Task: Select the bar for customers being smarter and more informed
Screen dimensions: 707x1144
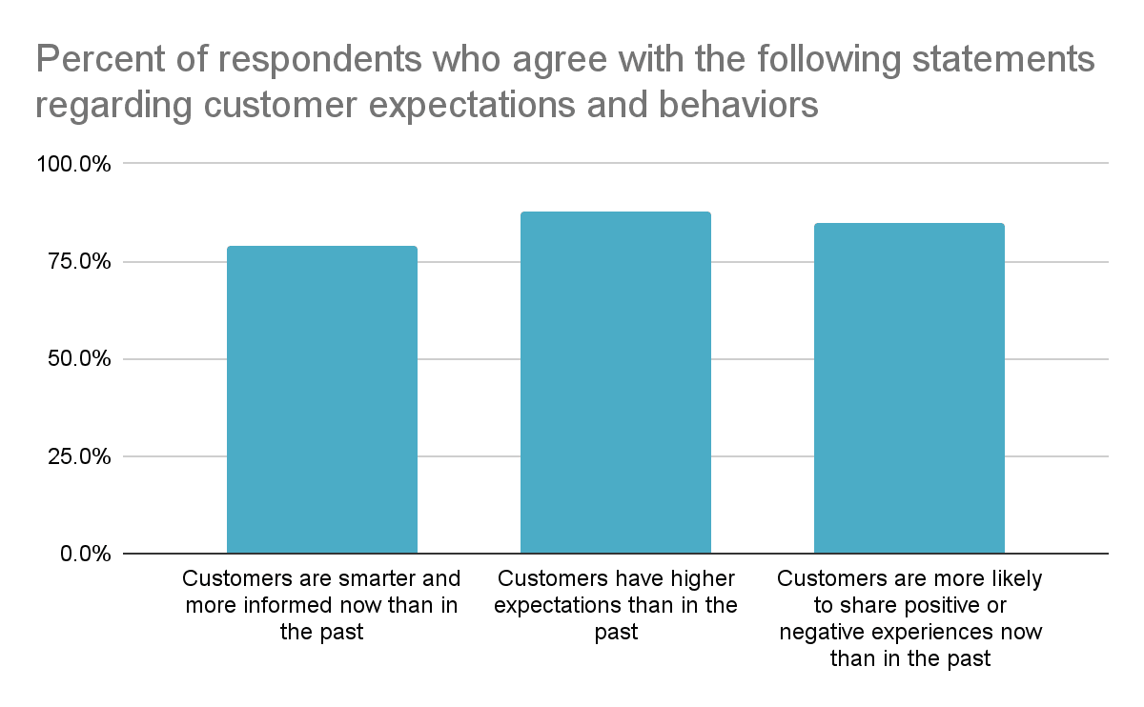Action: coord(321,400)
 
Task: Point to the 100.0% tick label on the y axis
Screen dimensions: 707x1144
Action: coord(73,164)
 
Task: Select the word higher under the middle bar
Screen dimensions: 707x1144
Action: coord(698,578)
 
